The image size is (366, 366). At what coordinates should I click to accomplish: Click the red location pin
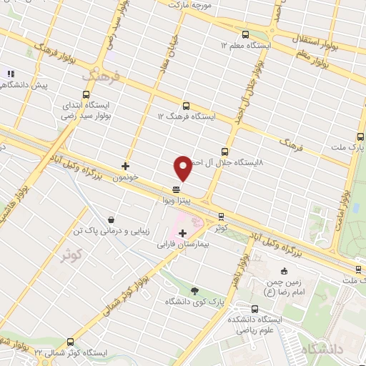[183, 167]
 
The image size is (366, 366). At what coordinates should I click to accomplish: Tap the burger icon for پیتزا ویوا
[175, 190]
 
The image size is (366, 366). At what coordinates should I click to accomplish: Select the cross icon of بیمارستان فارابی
[183, 233]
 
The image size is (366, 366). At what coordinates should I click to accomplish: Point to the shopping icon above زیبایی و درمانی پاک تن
[111, 219]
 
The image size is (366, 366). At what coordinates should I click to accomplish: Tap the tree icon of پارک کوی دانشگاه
[194, 290]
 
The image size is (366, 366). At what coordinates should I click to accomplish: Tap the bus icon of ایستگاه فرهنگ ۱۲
[187, 106]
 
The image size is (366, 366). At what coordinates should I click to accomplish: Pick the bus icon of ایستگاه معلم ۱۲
[246, 34]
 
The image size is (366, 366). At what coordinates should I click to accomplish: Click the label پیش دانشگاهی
[23, 85]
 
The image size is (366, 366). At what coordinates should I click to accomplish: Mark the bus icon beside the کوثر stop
[220, 215]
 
